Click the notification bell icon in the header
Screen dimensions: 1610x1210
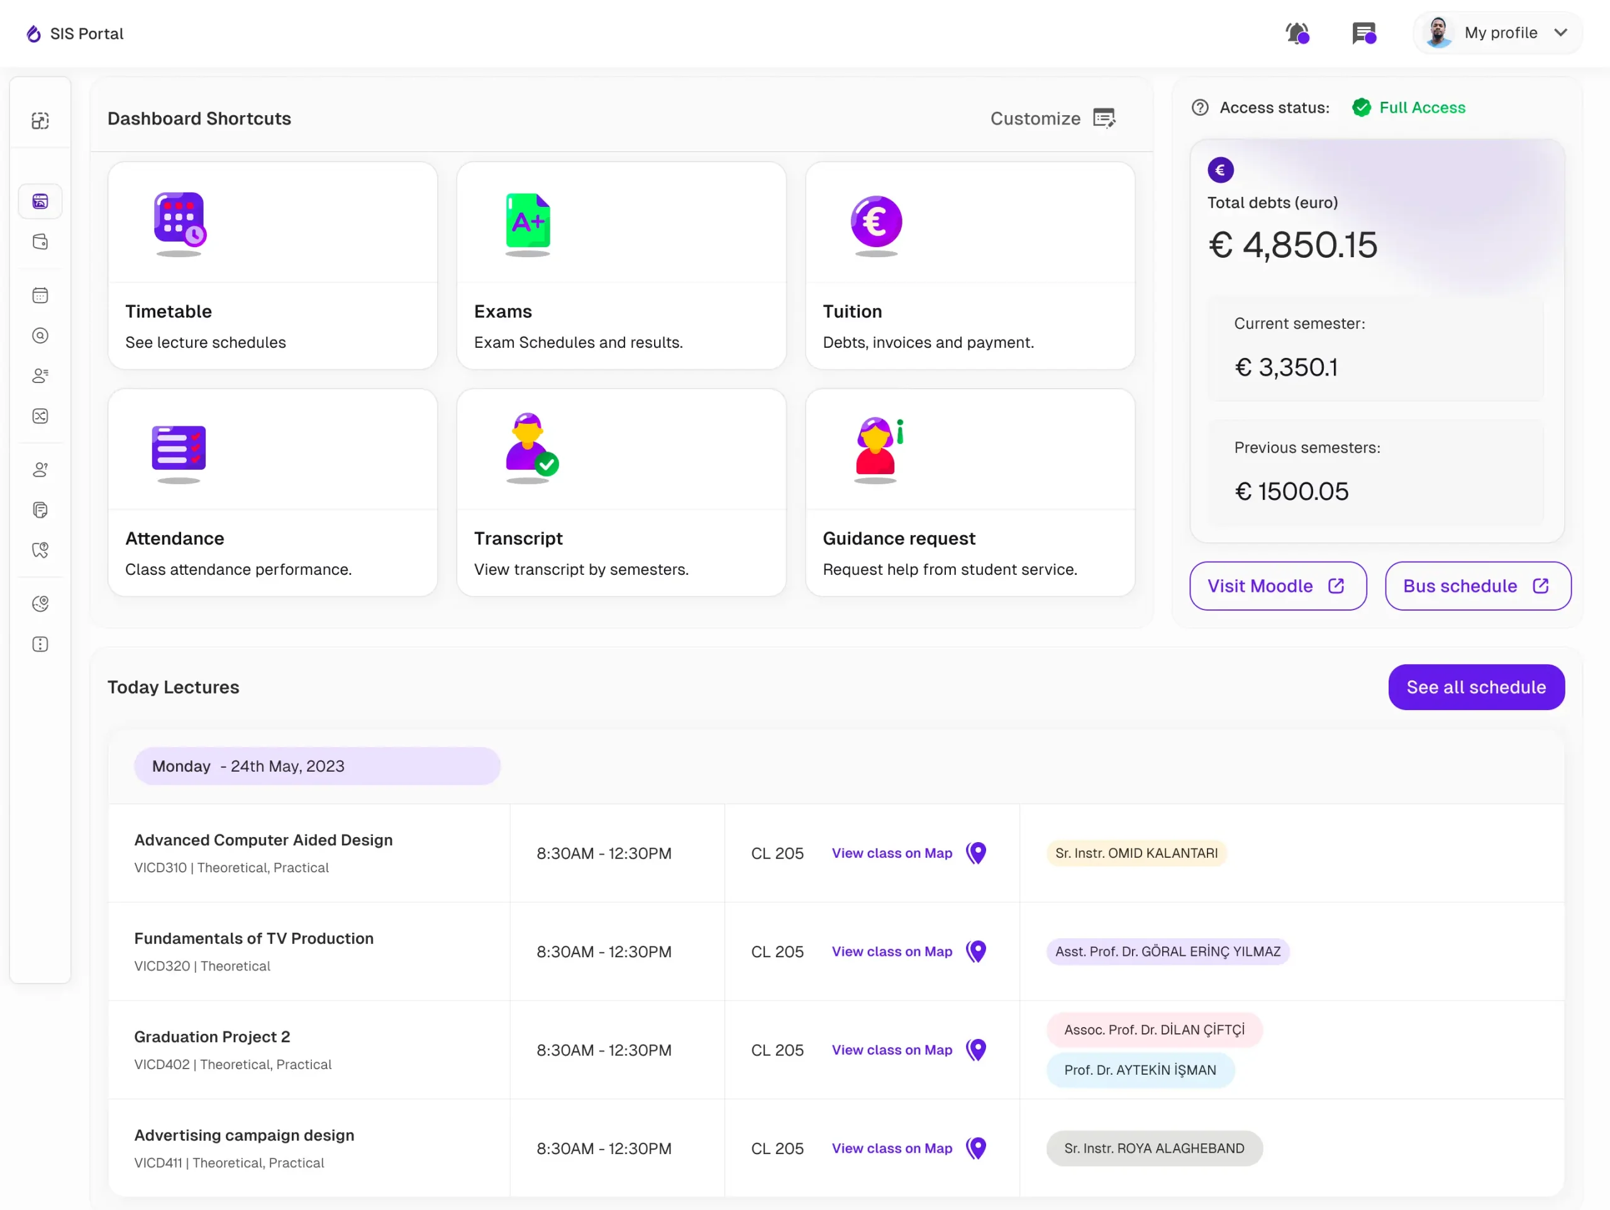(1297, 33)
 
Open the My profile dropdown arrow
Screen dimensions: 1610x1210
(1560, 33)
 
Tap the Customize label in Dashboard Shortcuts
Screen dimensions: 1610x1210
(1035, 119)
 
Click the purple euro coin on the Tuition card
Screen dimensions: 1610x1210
(876, 221)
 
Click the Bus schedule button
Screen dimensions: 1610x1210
(1477, 586)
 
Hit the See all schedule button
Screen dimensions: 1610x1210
(1476, 687)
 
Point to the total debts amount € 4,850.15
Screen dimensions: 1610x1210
(1292, 245)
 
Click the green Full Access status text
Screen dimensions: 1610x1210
(1422, 108)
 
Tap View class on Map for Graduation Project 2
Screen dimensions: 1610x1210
(892, 1050)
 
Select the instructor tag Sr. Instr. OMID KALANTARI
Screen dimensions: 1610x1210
(1136, 853)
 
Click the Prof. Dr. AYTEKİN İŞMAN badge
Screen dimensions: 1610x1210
(1140, 1070)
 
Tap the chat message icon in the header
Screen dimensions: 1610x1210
(1364, 33)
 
